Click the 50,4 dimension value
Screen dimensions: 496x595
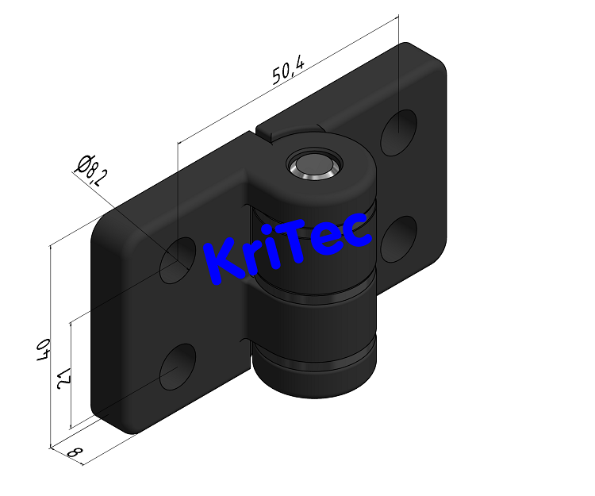point(288,71)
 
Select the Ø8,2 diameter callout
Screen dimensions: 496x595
point(91,169)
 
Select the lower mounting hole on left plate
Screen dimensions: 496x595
point(178,366)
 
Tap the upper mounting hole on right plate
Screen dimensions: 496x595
point(398,131)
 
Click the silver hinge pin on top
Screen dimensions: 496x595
point(313,164)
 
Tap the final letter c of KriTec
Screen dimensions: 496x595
point(357,231)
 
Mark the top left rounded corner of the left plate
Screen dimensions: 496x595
point(109,225)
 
